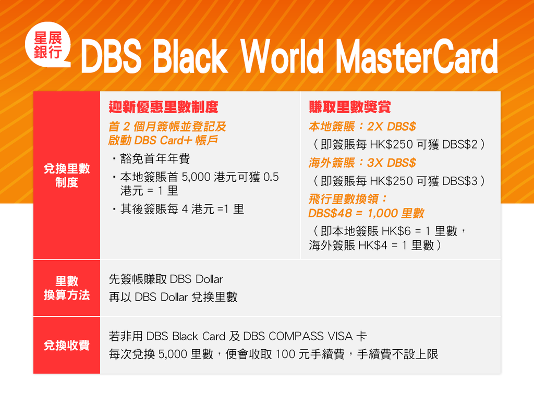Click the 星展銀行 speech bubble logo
[47, 45]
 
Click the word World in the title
[282, 56]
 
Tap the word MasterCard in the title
[417, 56]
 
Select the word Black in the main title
[190, 56]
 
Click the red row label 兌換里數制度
[67, 175]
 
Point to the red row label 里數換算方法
[67, 288]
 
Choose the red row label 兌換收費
[67, 345]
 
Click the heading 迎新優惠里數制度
[163, 107]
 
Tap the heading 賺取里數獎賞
[350, 107]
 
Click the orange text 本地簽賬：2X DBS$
[362, 127]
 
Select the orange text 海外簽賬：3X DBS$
[362, 163]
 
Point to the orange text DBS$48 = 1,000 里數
[366, 213]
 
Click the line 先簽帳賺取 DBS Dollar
[166, 279]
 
